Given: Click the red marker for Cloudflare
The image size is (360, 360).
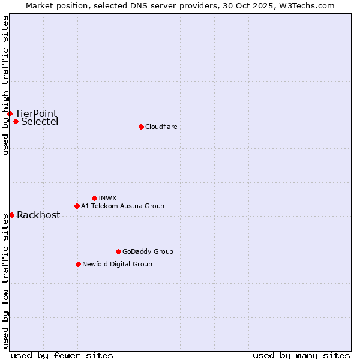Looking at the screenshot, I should tap(141, 127).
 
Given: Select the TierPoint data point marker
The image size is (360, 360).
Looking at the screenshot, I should tap(10, 113).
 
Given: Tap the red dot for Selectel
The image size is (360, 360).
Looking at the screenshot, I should tap(16, 121).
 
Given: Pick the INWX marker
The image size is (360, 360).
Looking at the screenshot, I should tap(94, 198).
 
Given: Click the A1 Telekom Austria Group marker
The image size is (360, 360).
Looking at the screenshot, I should tap(77, 206).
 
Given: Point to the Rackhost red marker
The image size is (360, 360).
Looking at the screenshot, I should tap(11, 215).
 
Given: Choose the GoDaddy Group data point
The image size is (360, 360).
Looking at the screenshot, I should tap(118, 251).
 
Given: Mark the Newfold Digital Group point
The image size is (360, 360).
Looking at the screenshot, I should tap(78, 264).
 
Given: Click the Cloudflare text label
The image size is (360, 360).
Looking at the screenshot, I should tap(161, 127).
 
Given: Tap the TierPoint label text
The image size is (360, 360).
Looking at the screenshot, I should tap(36, 113).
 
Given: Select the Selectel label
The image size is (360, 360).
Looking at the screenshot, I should tap(40, 121).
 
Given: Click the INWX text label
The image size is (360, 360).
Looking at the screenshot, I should tap(107, 198).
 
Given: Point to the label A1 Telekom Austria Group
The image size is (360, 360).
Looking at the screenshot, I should tap(122, 206).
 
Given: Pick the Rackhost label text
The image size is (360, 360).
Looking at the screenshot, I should tap(38, 215).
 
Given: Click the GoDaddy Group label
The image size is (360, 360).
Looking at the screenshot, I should tap(148, 251).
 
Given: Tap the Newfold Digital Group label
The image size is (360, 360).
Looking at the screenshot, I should tap(117, 264).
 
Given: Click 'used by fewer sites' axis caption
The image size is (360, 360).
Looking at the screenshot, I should tap(62, 355).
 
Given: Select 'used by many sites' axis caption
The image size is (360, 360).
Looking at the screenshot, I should tap(301, 355).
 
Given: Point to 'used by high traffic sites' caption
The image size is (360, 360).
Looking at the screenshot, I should tap(5, 85).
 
